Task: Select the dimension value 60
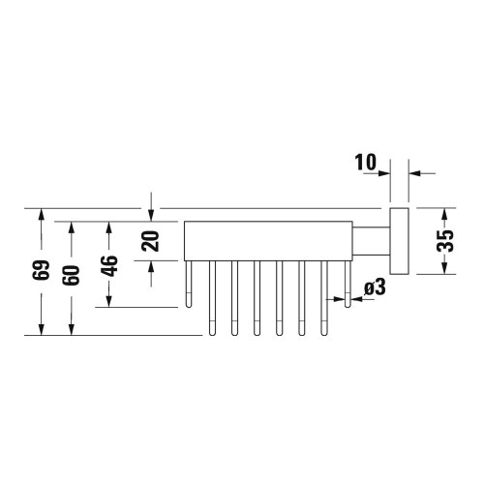(x=71, y=275)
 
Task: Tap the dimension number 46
(x=109, y=264)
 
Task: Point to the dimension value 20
(x=150, y=241)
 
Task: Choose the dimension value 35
(x=444, y=241)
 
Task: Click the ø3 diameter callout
(x=375, y=287)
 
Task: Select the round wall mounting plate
(x=399, y=241)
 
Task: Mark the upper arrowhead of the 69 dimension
(x=40, y=214)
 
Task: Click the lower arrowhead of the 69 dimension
(x=40, y=329)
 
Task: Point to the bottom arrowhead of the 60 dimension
(x=71, y=329)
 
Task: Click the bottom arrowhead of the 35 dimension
(x=444, y=268)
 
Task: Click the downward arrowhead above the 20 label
(x=150, y=214)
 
